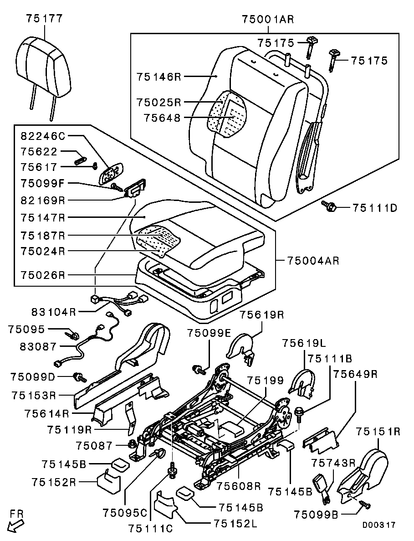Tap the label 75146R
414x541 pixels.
[x=158, y=77]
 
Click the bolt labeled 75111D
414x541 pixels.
[x=329, y=206]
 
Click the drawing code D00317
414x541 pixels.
[x=379, y=525]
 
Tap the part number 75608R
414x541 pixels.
[x=238, y=486]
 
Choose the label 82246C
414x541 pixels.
[x=43, y=136]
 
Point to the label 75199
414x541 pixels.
[x=265, y=381]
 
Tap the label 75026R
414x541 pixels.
[x=43, y=275]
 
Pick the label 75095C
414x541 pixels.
[x=125, y=513]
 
